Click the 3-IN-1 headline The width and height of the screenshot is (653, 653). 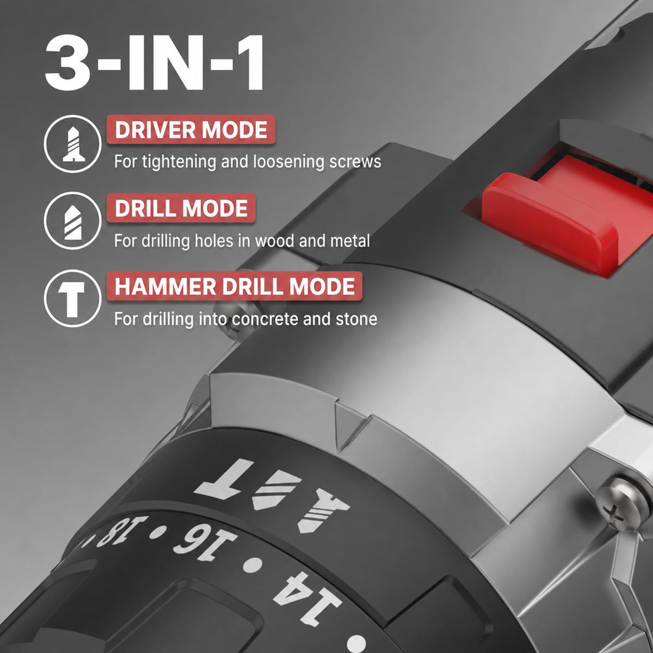(155, 63)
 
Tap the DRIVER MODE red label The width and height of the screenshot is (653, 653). (191, 130)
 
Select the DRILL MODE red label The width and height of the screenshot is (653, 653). (181, 208)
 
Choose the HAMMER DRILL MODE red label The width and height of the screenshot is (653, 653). (235, 286)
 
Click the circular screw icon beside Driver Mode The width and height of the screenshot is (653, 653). (73, 144)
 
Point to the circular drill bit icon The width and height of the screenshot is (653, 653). (73, 221)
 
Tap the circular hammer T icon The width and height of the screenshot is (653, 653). (73, 299)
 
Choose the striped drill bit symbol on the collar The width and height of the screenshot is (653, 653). (277, 490)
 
